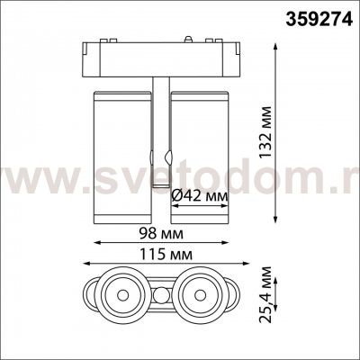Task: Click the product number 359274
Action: (319, 19)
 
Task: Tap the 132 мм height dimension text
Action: (265, 131)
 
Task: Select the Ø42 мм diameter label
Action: (199, 197)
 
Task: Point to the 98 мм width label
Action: (161, 234)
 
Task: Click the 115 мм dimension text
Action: (166, 255)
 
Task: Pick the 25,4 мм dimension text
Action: (265, 294)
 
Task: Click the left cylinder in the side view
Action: (122, 157)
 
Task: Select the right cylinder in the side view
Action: (200, 157)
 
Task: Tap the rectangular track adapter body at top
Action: (161, 59)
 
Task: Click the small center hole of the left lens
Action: (122, 295)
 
